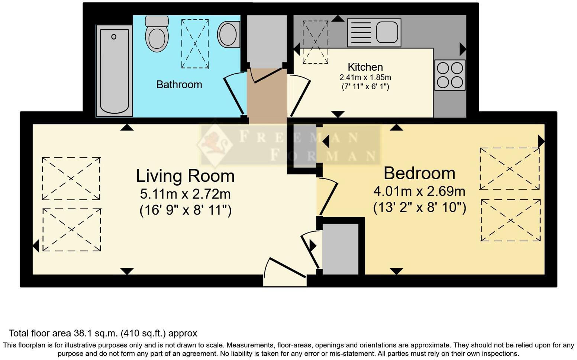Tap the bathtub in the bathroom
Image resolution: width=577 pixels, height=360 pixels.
pos(114,71)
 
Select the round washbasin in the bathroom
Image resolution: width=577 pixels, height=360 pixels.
pos(228,34)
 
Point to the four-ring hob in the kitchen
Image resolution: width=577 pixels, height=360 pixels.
pos(450,75)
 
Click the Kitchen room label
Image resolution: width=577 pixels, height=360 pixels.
pos(365,67)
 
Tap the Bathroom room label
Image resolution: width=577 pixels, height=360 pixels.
pos(179,84)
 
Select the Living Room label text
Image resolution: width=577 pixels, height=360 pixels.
pos(185,176)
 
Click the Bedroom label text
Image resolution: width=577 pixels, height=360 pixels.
pos(419,173)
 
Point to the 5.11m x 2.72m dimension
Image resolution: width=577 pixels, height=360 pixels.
pos(185,194)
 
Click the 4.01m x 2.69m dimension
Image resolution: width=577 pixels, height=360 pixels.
pos(419,191)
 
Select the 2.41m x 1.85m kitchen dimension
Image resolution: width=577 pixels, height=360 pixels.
pos(365,78)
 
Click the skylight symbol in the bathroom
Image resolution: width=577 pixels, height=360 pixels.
pos(195,44)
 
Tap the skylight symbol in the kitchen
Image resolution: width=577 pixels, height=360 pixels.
pos(315,42)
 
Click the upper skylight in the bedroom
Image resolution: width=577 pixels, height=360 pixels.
pos(509,169)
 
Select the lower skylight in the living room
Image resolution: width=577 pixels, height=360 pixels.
pos(72,229)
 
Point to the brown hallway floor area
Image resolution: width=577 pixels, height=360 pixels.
pos(267,96)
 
